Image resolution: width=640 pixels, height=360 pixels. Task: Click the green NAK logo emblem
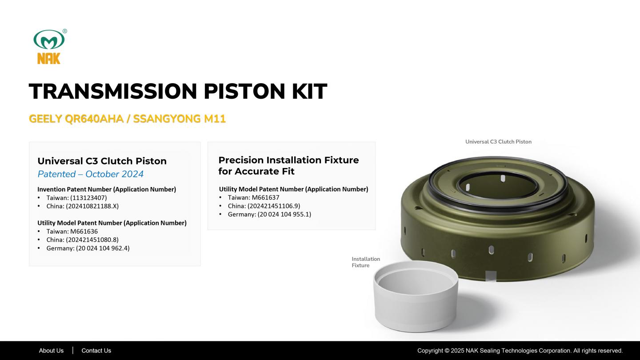tap(49, 40)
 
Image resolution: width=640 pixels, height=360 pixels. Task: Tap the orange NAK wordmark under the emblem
tap(49, 58)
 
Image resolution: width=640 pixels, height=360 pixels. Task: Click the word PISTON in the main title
tap(244, 92)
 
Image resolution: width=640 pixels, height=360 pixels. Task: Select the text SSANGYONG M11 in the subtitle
tap(180, 119)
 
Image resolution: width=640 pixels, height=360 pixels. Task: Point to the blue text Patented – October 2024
tap(91, 174)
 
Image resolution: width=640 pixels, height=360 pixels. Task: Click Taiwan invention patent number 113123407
tap(88, 198)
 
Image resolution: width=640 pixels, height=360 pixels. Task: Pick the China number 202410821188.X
tap(92, 206)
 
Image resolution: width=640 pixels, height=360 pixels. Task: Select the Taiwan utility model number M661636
tap(84, 232)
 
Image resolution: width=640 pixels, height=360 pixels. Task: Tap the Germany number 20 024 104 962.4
tap(103, 248)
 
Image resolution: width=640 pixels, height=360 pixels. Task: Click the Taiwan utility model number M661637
tap(265, 197)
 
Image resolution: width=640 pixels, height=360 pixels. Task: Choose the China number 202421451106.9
tap(274, 206)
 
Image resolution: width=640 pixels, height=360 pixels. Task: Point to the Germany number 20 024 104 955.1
tap(284, 214)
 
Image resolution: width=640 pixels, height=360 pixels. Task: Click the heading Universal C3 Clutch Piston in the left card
tap(102, 161)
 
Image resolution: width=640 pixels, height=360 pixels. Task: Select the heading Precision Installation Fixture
tap(288, 160)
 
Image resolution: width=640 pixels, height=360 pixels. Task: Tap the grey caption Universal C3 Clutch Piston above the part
tap(498, 142)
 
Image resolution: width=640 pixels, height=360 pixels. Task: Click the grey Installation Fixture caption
tap(366, 262)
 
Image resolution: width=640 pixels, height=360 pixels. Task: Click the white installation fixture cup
tap(416, 297)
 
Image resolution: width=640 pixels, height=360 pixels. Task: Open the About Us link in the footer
tap(51, 351)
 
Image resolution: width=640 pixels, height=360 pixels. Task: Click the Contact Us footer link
tap(96, 351)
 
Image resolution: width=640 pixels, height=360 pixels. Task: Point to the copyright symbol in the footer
tap(447, 351)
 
